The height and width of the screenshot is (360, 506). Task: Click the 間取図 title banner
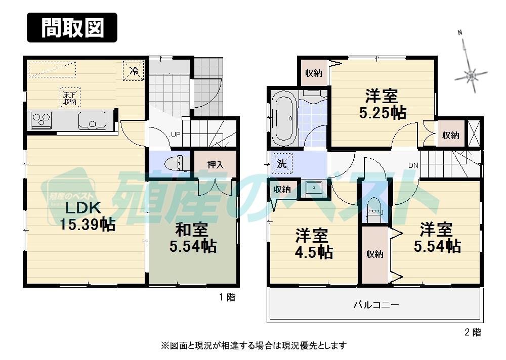coord(72,27)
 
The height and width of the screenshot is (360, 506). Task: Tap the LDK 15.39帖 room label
coord(88,216)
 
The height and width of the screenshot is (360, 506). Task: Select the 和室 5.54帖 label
coord(192,238)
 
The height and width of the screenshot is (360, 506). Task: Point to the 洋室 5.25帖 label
coord(382,104)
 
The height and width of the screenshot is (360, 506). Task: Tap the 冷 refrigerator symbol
coord(134,71)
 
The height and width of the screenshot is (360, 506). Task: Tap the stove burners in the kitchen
coord(42,120)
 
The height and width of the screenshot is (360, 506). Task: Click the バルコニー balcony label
coord(376,305)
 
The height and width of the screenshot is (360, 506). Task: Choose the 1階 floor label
coord(227,297)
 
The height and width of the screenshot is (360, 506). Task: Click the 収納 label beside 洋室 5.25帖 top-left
coord(313,73)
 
